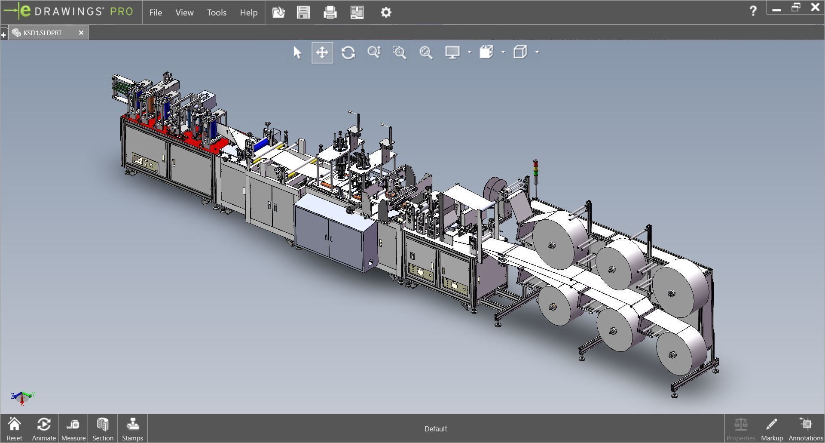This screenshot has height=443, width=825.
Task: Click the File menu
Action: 156,12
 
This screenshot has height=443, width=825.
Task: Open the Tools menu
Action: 217,12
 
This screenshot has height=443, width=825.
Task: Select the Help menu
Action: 248,12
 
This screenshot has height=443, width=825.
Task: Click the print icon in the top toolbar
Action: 330,12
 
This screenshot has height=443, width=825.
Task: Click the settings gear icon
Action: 386,12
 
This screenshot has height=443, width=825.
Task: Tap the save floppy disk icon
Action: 303,12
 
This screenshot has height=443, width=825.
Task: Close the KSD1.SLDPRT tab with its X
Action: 81,33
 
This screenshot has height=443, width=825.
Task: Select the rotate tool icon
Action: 348,52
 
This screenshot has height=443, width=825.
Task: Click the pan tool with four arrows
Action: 322,52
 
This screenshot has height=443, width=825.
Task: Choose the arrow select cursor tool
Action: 297,52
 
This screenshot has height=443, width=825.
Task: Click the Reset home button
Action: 14,429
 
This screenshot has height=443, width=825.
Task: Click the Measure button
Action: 73,429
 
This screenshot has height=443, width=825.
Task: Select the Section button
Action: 103,429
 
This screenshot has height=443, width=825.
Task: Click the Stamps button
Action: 132,429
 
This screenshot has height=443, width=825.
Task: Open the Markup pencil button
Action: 772,429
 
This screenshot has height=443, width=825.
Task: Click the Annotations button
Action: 806,429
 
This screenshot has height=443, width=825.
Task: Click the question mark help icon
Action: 753,11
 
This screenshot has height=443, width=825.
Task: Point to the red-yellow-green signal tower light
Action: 535,169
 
